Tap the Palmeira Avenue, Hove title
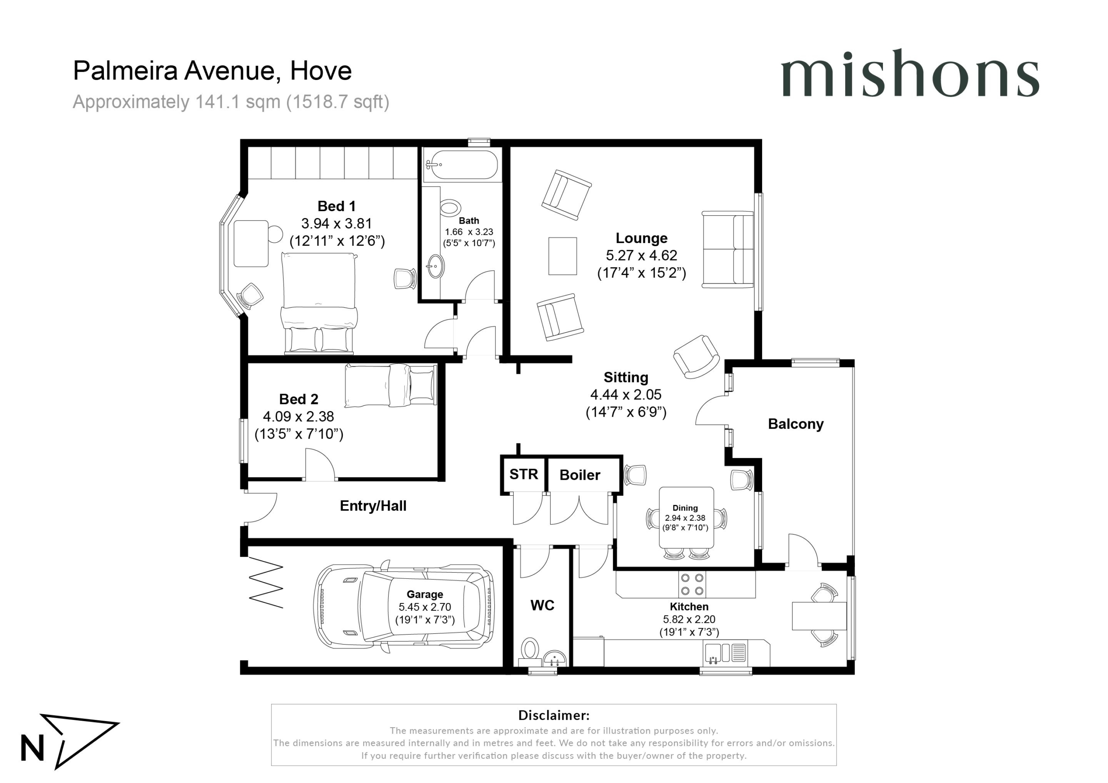click(213, 71)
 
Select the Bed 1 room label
click(336, 206)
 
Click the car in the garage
click(404, 607)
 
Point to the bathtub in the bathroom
click(462, 165)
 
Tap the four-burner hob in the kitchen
click(692, 584)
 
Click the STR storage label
click(524, 474)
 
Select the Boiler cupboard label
click(580, 475)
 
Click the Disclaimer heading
click(554, 715)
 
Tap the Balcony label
click(796, 424)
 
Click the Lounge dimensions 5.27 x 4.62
click(641, 255)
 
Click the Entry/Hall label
click(373, 506)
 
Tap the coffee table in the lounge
click(563, 256)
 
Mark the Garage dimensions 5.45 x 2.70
click(425, 607)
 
